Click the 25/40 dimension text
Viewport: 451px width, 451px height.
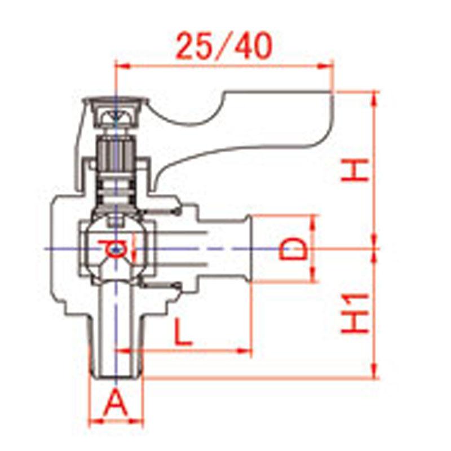click(224, 46)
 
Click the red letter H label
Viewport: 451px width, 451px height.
click(355, 171)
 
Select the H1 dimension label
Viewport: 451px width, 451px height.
click(355, 313)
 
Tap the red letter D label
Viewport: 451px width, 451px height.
click(293, 249)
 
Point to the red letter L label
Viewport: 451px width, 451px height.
click(183, 333)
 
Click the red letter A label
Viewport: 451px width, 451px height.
click(116, 403)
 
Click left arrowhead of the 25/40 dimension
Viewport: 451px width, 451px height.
click(122, 67)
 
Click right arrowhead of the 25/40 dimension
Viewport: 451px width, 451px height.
click(326, 67)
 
